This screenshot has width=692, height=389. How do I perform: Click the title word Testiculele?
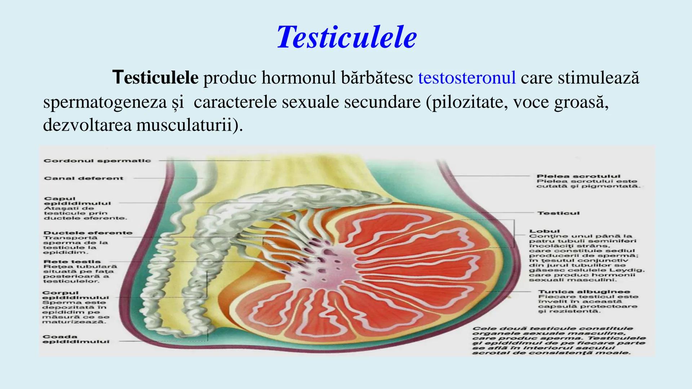tap(346, 37)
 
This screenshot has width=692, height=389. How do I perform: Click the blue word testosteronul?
tap(467, 78)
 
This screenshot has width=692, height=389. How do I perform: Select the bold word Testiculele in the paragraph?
tap(155, 78)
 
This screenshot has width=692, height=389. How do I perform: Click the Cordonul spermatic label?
tap(97, 161)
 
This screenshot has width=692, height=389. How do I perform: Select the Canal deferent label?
tap(84, 178)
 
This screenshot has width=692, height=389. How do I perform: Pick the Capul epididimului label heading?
tap(77, 201)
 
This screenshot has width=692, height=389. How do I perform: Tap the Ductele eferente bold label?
tap(88, 233)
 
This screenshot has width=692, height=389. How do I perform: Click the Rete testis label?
tap(72, 262)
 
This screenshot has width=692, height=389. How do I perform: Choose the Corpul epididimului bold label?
tap(75, 295)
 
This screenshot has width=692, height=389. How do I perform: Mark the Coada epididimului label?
tap(76, 339)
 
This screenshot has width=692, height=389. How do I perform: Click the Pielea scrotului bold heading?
tap(578, 176)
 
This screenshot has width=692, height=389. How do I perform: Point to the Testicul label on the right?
tap(558, 213)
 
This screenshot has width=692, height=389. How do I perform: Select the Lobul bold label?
tap(539, 231)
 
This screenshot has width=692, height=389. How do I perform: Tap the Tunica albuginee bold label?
tap(584, 292)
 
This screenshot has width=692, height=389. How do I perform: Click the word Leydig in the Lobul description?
tap(632, 270)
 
